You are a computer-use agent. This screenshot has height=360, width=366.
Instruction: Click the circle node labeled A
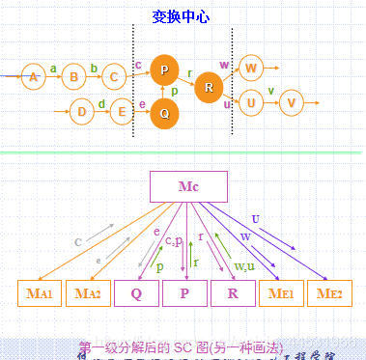click(33, 76)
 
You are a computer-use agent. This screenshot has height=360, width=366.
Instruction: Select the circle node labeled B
click(73, 76)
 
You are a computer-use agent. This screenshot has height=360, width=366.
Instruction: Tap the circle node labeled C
click(114, 76)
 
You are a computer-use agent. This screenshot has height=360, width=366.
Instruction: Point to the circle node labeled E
click(122, 112)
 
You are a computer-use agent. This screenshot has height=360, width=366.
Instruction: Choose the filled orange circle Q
click(165, 113)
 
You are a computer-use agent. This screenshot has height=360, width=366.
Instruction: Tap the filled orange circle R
click(208, 89)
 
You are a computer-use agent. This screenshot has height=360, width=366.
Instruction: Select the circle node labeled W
click(251, 68)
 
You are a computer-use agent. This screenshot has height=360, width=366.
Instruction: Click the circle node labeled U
click(250, 101)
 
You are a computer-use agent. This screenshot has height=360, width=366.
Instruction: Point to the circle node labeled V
click(291, 101)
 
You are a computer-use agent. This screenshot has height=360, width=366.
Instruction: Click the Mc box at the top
click(189, 186)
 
